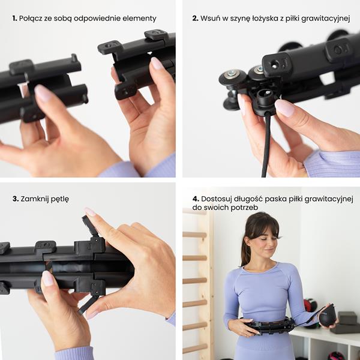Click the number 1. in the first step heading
coord(14,19)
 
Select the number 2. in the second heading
coord(196,19)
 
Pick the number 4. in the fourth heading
coord(196,199)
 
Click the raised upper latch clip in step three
coord(90,226)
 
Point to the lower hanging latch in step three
coord(88,304)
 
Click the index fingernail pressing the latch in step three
coord(90,212)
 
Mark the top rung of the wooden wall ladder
coord(194,235)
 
